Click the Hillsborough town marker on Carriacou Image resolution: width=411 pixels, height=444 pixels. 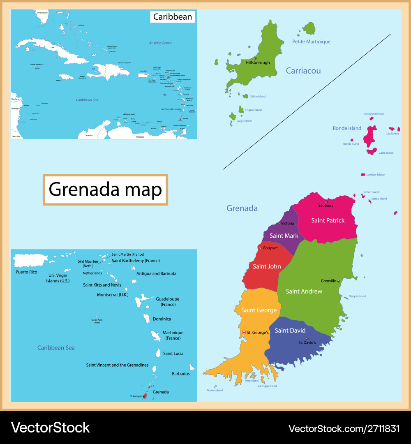[x=255, y=58]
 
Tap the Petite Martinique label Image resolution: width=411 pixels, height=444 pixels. [x=311, y=42]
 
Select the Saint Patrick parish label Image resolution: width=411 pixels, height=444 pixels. [x=328, y=220]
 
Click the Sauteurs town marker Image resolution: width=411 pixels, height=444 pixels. [x=326, y=201]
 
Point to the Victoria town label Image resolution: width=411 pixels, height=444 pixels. [x=287, y=223]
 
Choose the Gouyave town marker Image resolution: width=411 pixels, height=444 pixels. [x=260, y=248]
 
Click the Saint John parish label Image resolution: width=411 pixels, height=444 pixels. [x=267, y=266]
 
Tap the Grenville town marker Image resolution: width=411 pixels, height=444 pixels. [x=339, y=281]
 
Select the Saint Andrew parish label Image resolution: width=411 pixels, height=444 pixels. [x=304, y=291]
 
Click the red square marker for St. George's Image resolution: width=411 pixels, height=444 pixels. [x=244, y=332]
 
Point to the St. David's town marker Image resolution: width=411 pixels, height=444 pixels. [x=307, y=338]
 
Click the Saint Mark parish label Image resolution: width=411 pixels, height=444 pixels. [x=284, y=236]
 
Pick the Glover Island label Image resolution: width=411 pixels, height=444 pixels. [x=215, y=390]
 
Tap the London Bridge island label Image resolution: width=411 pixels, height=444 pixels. [x=375, y=175]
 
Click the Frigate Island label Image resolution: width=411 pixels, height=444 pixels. [x=253, y=110]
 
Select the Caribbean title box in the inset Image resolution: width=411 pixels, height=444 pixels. [x=172, y=16]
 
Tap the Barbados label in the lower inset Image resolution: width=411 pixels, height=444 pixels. [x=180, y=374]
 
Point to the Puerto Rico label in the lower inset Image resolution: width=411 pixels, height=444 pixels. [x=26, y=272]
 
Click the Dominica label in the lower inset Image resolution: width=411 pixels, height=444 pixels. [x=162, y=319]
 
